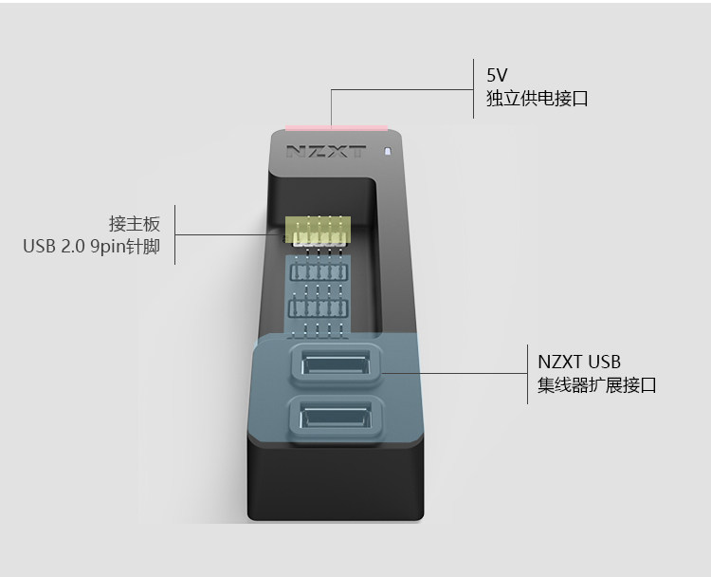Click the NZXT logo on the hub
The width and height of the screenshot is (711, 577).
coord(325,151)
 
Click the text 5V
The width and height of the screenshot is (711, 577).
coord(497,74)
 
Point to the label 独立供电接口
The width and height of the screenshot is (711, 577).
coord(537,99)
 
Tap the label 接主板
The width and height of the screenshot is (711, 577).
coord(135,224)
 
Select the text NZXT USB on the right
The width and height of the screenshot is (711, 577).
coord(579,362)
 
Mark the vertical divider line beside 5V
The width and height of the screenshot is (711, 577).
coord(473,89)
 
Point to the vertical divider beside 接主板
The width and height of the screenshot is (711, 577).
coord(174,234)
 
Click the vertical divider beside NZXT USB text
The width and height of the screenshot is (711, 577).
coord(527,374)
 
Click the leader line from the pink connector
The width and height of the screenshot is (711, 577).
coord(398,91)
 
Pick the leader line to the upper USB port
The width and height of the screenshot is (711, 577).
coord(455,372)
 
